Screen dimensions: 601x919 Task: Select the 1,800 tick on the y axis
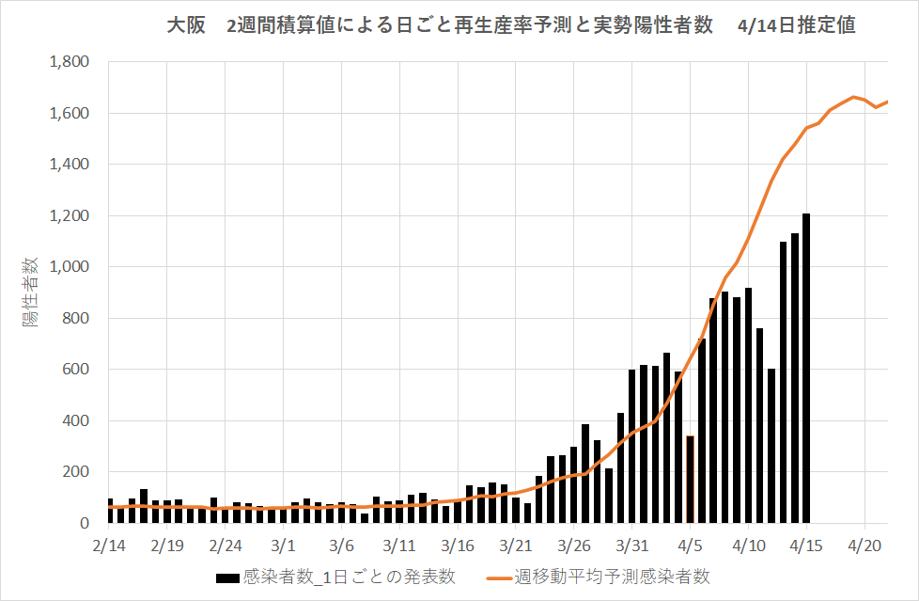(70, 62)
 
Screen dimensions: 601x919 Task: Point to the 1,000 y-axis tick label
(70, 267)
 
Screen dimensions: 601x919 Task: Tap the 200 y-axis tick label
(77, 472)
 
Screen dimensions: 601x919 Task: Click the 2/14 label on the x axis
(109, 545)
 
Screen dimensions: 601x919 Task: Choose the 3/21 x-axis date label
(516, 545)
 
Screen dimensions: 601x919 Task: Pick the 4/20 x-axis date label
(864, 545)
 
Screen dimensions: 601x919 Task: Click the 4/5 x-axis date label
(691, 545)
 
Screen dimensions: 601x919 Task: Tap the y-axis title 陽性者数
(32, 292)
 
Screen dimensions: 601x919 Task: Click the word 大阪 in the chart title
(185, 26)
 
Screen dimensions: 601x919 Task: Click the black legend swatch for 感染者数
(227, 576)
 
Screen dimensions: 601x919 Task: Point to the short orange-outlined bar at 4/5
(690, 479)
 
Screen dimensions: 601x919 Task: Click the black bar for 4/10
(748, 405)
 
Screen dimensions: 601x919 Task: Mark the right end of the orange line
(887, 102)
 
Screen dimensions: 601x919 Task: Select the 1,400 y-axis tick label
(70, 165)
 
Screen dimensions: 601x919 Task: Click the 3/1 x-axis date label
(284, 545)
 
